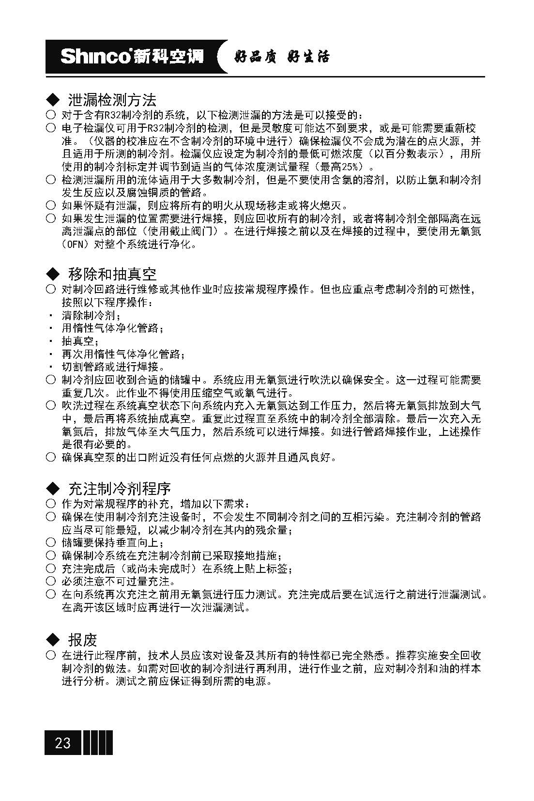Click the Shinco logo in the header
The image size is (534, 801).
click(132, 57)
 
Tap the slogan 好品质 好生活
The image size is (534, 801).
click(281, 57)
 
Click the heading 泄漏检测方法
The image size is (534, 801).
click(112, 100)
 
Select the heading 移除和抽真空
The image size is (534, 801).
click(112, 274)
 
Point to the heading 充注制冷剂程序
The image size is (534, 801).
click(119, 488)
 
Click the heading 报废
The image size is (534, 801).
click(82, 640)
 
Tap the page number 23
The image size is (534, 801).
click(62, 743)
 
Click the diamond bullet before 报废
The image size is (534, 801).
click(52, 640)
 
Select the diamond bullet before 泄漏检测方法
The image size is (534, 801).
click(52, 100)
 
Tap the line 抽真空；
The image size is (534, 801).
click(80, 341)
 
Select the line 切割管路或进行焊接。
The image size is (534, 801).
click(113, 367)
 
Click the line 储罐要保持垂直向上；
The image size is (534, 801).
click(113, 542)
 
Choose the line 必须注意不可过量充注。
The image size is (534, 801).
click(118, 581)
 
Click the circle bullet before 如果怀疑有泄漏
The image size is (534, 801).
click(51, 205)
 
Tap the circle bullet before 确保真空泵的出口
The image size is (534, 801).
click(51, 457)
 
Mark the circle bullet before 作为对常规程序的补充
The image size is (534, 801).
click(51, 504)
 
